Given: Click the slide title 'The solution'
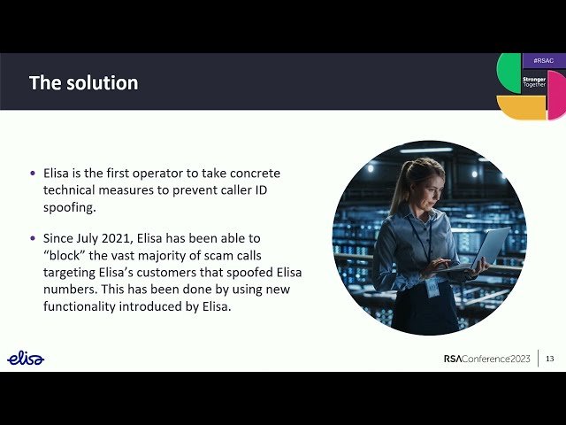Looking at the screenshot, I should tap(83, 83).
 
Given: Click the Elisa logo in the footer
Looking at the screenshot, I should tap(26, 358).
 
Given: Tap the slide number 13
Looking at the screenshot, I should tap(549, 359).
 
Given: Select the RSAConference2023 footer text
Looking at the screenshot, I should tap(486, 359).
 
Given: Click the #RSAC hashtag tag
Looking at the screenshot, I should tap(544, 60).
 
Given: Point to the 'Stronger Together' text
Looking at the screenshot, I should tap(534, 81).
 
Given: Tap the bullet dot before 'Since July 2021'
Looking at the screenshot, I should tap(34, 238).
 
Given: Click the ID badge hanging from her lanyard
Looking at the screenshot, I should tap(432, 288).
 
